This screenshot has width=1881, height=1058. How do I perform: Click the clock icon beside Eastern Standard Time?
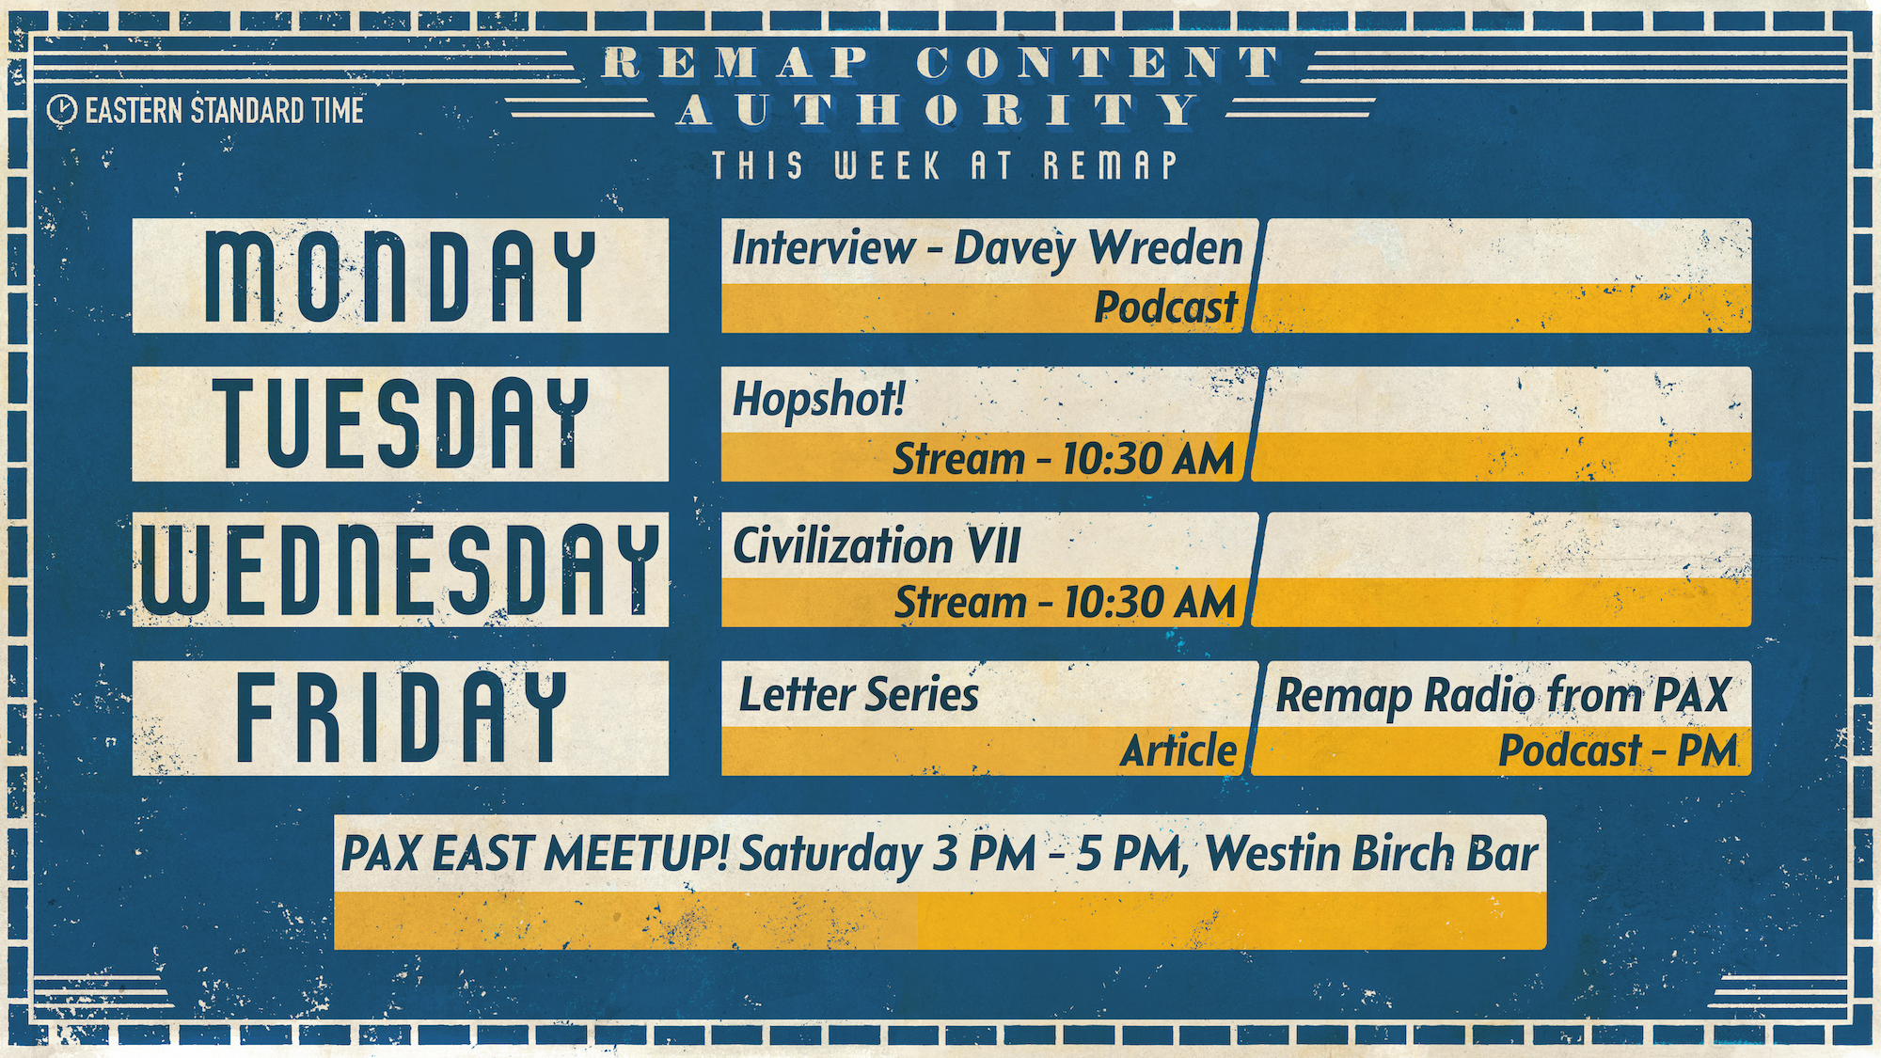[62, 110]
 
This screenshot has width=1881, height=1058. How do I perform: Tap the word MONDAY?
[401, 276]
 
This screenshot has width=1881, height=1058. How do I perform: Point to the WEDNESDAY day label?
[401, 570]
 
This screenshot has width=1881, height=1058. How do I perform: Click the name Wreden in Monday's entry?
[1165, 248]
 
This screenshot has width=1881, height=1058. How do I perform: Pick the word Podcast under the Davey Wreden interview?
[1166, 308]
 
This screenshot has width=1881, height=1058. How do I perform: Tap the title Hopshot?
[818, 400]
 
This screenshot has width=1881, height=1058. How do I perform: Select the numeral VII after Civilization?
[994, 546]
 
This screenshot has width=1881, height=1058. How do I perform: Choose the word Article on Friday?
[1179, 750]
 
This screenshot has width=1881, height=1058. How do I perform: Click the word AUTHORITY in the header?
[938, 110]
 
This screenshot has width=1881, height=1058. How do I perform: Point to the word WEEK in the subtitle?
[887, 166]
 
